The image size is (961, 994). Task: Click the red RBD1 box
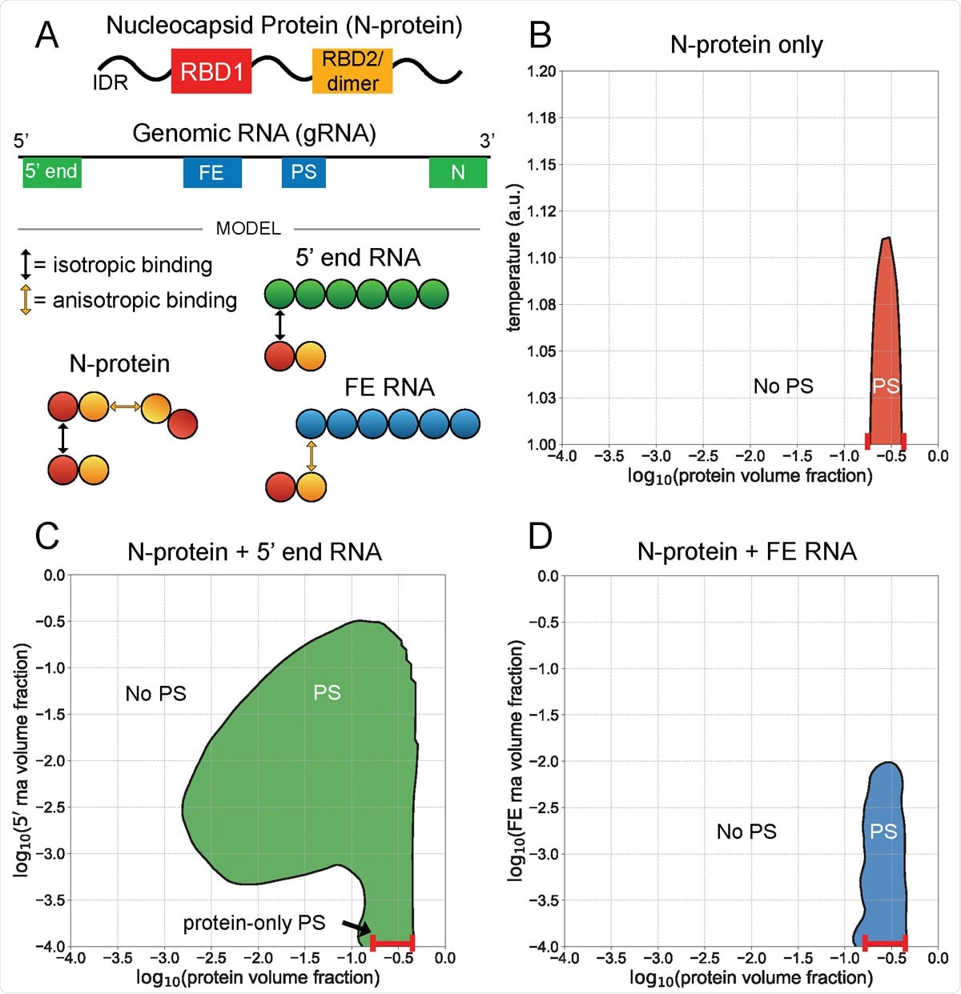coord(211,71)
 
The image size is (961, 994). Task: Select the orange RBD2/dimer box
coord(352,71)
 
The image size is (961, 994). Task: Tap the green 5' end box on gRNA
coord(52,172)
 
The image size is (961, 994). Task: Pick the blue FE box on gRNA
coord(212,173)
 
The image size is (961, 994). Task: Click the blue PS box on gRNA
coord(304,173)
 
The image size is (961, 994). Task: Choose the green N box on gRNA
coord(458,173)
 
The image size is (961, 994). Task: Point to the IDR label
coord(111,82)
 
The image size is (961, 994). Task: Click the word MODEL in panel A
coord(248,229)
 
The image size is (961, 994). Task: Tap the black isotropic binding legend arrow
coord(26,264)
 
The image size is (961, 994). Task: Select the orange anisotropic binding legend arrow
coord(26,300)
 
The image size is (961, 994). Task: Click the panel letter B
coord(541,36)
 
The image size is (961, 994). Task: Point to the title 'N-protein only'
coord(746,45)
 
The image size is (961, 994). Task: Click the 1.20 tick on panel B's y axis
coord(541,71)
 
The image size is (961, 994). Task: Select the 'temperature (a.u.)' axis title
coord(514,258)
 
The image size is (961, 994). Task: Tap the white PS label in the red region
coord(886,386)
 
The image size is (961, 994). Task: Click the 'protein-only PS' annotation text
coord(254,923)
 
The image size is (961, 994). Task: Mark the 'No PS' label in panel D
coord(746,832)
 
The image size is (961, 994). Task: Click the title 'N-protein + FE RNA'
coord(746,551)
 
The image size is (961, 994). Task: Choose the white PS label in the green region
coord(327,692)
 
